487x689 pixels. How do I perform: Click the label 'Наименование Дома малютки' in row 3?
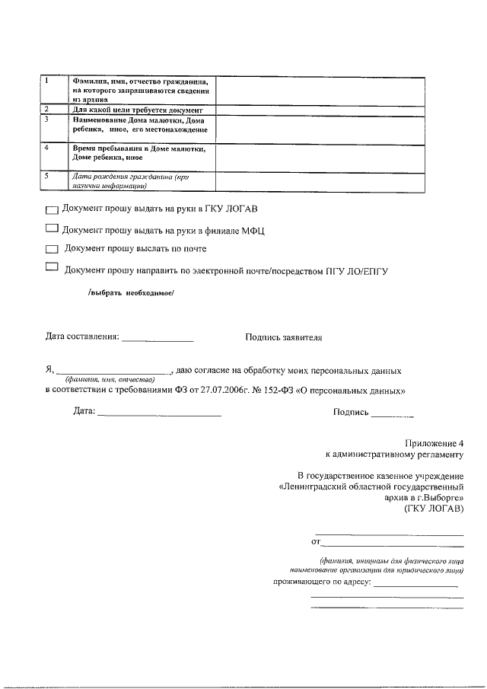136,120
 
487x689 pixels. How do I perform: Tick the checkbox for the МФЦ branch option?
51,228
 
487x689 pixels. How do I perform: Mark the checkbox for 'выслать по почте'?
51,249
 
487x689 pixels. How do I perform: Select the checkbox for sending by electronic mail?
51,267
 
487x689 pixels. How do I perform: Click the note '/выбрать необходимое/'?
131,293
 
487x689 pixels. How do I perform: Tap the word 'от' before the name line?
316,542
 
